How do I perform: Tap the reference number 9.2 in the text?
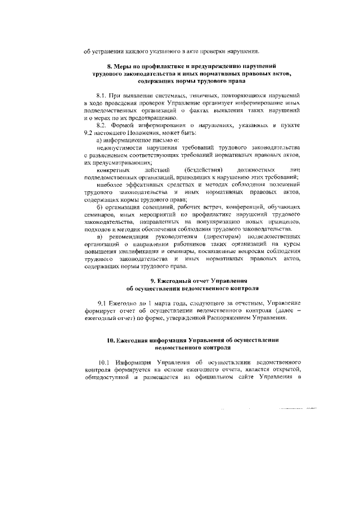coord(89,133)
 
